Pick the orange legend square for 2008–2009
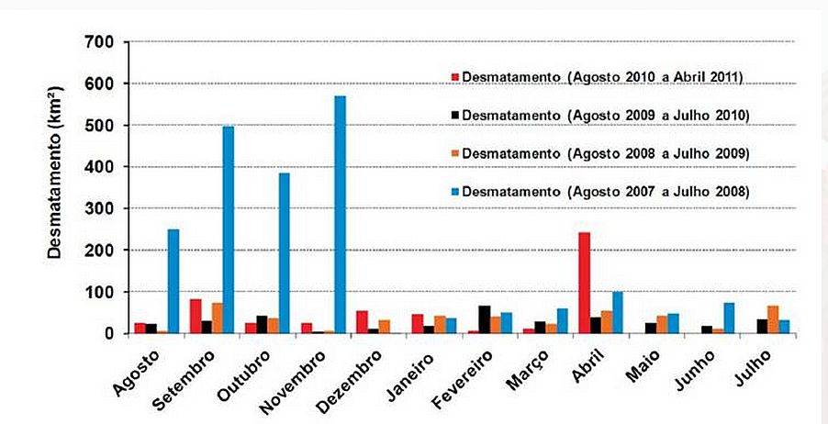453,152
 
